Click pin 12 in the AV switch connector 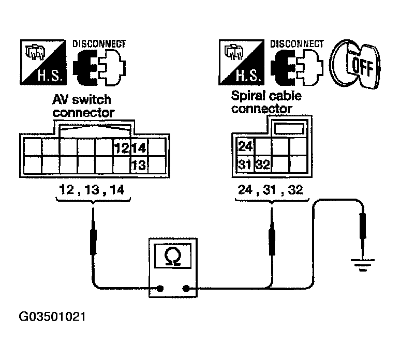click(x=121, y=148)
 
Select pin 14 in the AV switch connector click(x=139, y=148)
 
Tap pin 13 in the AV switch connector click(x=139, y=166)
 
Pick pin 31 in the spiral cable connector click(x=245, y=166)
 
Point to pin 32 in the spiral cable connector click(x=263, y=166)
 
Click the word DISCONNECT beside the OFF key click(x=297, y=44)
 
